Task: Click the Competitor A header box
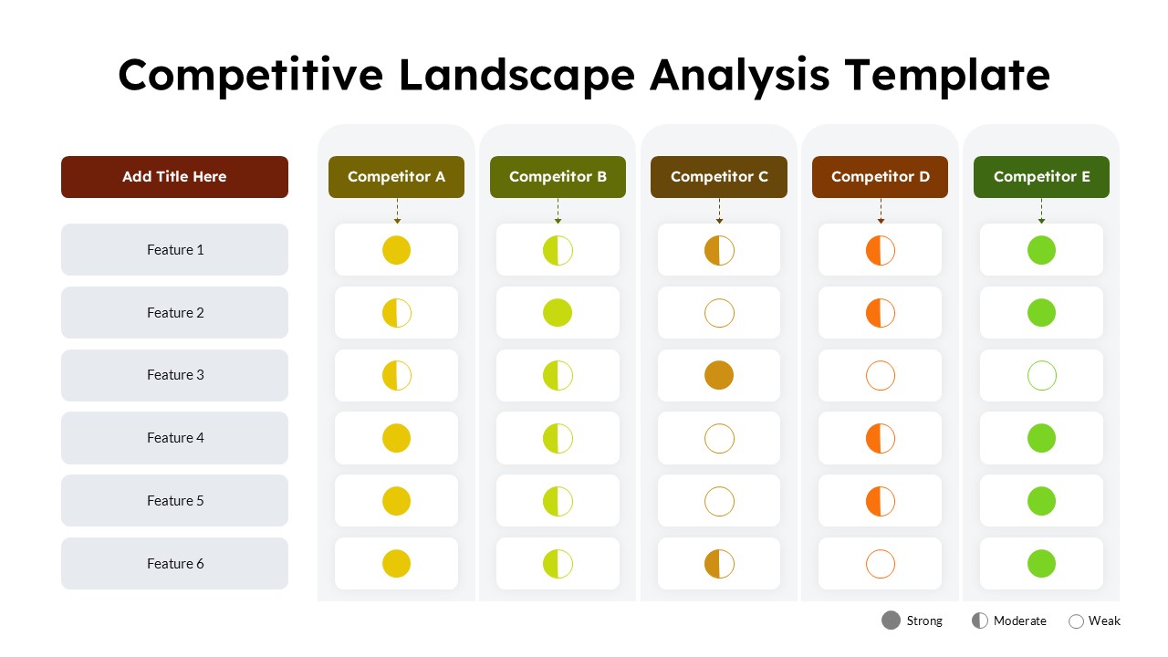point(396,177)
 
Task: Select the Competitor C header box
point(719,177)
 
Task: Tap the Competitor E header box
point(1041,177)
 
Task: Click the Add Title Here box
point(174,177)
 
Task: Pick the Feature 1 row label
point(174,250)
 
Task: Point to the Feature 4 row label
point(174,438)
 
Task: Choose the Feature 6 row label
point(174,564)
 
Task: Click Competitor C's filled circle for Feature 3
point(719,375)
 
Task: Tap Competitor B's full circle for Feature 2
point(558,313)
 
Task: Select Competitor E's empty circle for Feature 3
point(1041,375)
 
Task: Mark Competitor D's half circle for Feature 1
point(881,250)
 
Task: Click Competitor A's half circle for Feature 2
point(396,313)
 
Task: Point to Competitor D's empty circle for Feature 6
point(881,564)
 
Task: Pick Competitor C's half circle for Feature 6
point(719,564)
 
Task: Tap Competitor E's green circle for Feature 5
point(1041,501)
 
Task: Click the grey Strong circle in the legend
point(891,620)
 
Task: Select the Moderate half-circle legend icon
point(979,620)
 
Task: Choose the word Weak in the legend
point(1104,620)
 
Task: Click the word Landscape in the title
point(516,75)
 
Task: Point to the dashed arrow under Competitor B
point(558,211)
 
